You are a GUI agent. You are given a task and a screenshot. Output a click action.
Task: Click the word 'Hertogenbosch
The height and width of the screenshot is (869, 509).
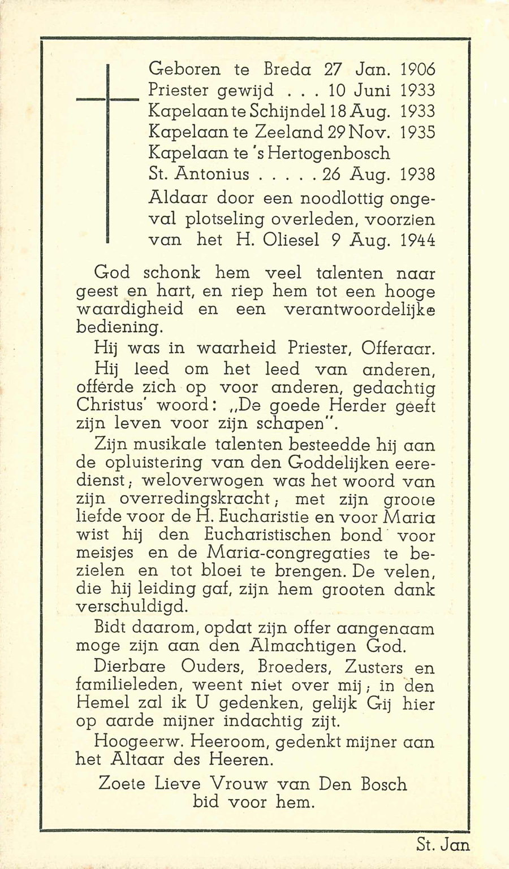pos(332,153)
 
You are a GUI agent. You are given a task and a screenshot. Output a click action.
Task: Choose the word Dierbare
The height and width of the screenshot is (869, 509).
pos(131,667)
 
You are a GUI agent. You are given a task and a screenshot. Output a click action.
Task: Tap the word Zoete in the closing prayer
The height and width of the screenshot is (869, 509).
pos(122,784)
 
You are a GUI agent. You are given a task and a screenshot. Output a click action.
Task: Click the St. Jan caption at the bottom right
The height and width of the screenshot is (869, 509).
pos(443,845)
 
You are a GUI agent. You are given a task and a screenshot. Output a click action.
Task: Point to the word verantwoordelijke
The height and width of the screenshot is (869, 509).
pos(359,310)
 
